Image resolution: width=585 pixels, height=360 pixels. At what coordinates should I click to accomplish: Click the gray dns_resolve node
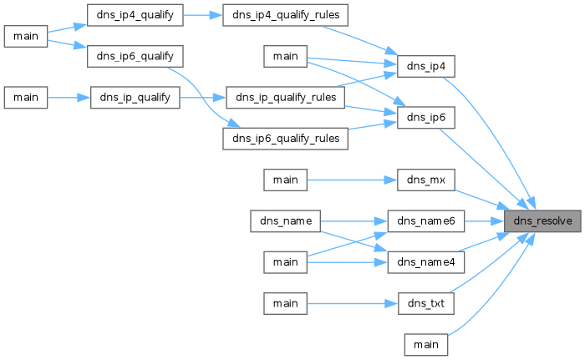coord(542,221)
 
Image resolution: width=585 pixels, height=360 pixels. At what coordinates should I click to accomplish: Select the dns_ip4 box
coord(426,67)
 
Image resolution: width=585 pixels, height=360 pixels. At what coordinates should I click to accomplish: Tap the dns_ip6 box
coord(426,118)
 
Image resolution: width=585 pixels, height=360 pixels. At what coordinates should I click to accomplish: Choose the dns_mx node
coord(426,180)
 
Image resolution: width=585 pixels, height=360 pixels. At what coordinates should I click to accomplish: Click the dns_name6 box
coord(426,221)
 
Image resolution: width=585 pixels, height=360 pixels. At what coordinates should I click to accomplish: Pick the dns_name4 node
coord(426,262)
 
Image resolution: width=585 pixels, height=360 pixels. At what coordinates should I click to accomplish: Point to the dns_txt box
coord(426,303)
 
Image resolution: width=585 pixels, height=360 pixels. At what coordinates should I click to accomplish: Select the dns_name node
coord(286,221)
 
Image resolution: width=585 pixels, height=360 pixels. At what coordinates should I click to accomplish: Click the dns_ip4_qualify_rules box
coord(286,15)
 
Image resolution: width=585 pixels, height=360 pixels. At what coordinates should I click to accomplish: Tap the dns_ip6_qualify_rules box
coord(286,139)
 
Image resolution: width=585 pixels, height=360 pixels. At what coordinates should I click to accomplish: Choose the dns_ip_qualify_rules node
coord(286,98)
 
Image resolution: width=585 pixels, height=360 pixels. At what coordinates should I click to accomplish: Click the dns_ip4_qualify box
coord(135,15)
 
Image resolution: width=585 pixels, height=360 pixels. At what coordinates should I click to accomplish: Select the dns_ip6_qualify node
coord(135,56)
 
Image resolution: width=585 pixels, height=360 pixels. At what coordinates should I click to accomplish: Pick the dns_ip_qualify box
coord(135,98)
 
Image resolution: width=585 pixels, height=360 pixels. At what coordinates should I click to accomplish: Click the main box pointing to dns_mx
coord(286,180)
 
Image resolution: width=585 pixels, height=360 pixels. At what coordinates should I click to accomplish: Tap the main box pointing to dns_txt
coord(286,303)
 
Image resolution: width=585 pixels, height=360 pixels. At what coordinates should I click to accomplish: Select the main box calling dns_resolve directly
coord(426,345)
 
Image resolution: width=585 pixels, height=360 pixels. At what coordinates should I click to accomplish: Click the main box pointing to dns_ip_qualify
coord(26,98)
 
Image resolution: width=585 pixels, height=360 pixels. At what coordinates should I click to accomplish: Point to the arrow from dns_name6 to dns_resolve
coord(484,221)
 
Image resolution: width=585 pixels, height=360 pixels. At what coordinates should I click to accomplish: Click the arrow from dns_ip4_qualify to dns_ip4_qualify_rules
coord(203,15)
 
